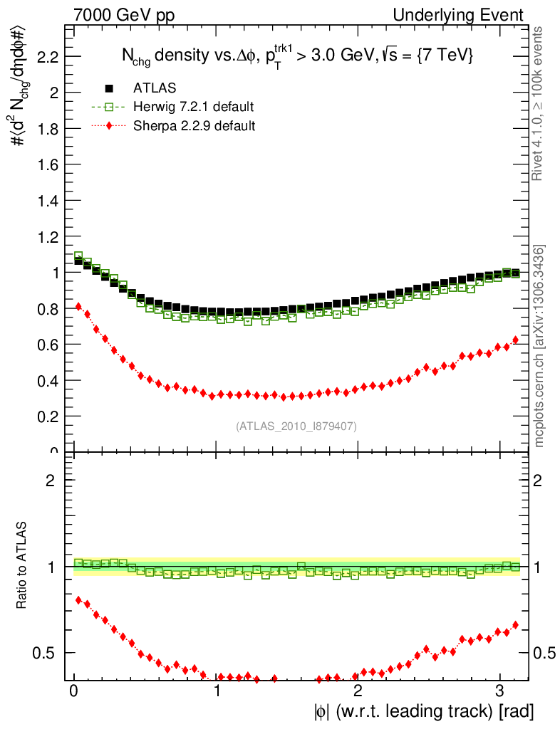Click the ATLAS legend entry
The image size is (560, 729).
[x=154, y=88]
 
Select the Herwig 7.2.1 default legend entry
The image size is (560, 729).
[x=193, y=107]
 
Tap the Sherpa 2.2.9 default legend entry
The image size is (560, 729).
[x=194, y=125]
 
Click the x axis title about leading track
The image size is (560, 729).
[x=422, y=710]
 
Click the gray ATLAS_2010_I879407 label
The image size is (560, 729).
[x=296, y=426]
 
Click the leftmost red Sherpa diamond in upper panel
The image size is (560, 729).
[x=78, y=306]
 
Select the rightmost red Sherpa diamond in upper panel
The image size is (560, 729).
[x=515, y=340]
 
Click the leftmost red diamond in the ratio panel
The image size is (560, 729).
[x=78, y=600]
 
